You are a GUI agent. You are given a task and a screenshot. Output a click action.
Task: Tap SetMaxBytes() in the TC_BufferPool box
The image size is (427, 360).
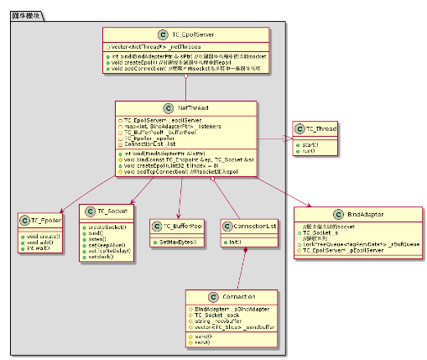179,242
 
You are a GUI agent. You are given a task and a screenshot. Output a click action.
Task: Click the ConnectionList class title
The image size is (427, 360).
253,225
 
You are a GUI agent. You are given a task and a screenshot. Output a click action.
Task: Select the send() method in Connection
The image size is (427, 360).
201,335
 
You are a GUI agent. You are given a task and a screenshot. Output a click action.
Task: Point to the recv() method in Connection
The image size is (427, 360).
201,342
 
